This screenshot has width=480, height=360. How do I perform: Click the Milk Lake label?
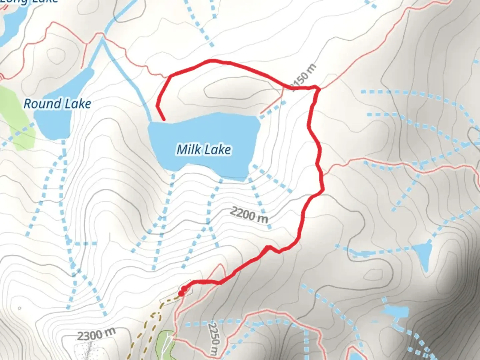[204, 149]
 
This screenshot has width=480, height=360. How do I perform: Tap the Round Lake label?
[57, 104]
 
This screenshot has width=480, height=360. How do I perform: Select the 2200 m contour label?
[249, 214]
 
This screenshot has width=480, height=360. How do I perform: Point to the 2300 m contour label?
[96, 334]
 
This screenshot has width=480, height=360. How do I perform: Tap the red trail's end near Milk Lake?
[164, 119]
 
